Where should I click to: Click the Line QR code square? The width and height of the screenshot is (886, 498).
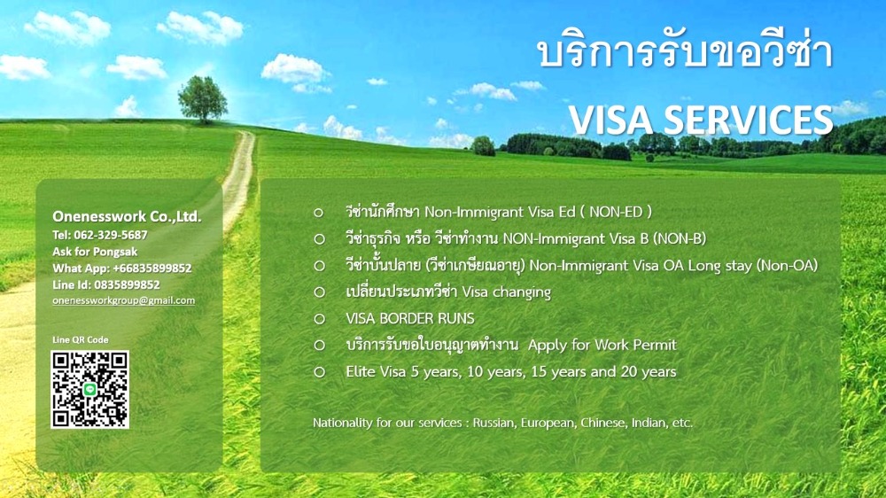tap(89, 390)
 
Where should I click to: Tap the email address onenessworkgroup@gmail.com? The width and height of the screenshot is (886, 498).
tap(124, 300)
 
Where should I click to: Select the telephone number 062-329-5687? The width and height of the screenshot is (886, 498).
tap(111, 235)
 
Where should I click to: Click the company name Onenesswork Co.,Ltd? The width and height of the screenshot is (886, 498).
tap(127, 216)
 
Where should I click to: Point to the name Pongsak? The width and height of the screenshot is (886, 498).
tap(116, 252)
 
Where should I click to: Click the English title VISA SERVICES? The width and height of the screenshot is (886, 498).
tap(701, 120)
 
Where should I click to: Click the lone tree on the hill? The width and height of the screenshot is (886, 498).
tap(202, 99)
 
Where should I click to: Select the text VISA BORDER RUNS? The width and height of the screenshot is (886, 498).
tap(410, 318)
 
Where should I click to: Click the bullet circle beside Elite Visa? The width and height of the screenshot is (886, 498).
tap(319, 372)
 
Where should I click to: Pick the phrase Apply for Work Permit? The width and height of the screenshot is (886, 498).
tap(602, 345)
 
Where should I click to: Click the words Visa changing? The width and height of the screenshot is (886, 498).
tap(506, 292)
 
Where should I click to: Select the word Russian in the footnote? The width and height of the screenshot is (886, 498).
tap(494, 423)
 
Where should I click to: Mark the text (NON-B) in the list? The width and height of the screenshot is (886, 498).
tap(680, 238)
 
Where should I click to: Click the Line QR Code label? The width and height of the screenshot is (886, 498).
tap(81, 339)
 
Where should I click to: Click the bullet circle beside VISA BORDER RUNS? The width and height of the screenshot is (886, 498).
tap(319, 319)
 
